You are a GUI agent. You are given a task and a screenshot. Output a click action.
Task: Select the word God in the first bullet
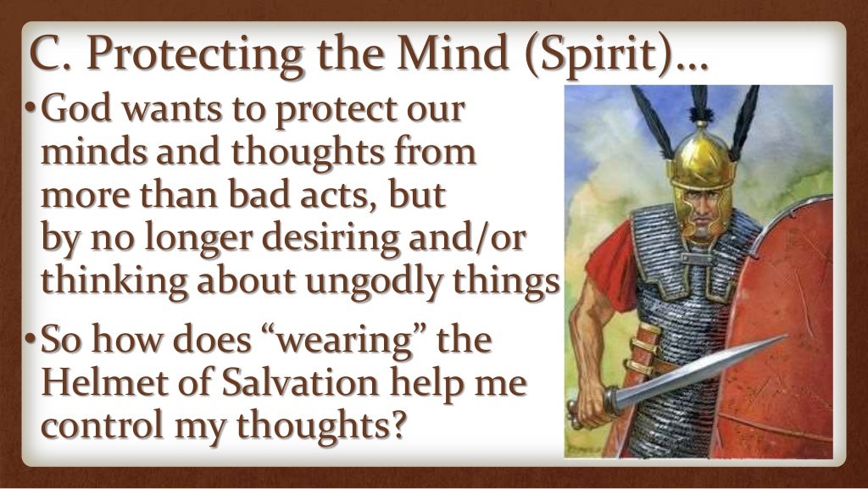click(75, 110)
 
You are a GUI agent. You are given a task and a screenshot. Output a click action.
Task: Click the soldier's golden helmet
click(699, 161)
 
